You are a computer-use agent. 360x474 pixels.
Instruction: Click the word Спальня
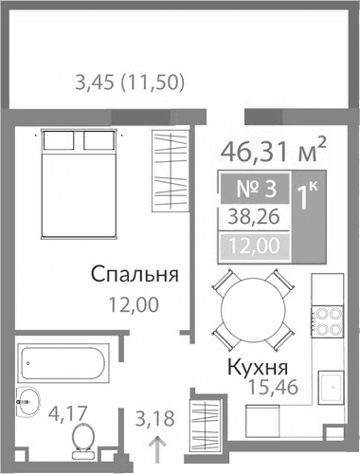pyautogui.click(x=135, y=275)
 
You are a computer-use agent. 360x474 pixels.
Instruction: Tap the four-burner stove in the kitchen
pyautogui.click(x=327, y=319)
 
